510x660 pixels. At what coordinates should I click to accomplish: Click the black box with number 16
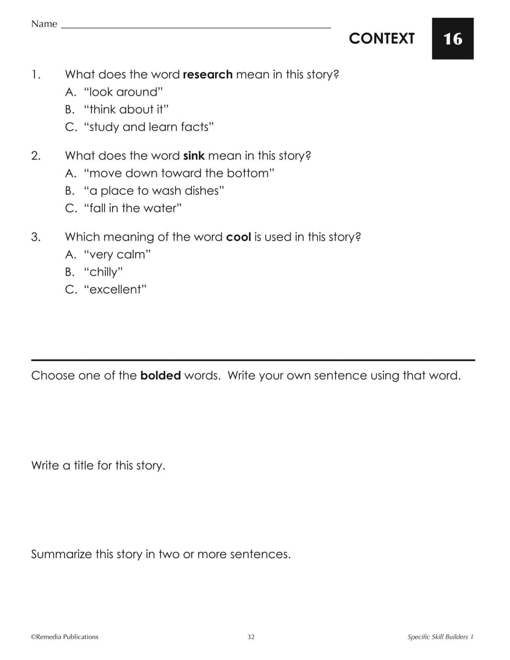pos(452,38)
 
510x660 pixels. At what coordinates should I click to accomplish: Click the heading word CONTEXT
pos(381,38)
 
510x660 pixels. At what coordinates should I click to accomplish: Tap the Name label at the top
pos(44,24)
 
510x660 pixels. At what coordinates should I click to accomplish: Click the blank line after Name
pos(196,26)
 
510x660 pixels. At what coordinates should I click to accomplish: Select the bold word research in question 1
pos(207,74)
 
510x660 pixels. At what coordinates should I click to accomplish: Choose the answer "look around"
pos(124,92)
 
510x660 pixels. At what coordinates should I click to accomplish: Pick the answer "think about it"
pos(125,109)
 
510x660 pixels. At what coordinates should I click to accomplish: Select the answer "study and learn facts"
pos(149,127)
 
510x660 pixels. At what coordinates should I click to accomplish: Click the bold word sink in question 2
pos(194,156)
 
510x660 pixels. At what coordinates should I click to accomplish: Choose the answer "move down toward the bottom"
pos(179,173)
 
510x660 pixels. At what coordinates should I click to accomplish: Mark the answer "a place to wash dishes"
pos(155,191)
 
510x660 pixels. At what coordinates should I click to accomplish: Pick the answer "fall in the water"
pos(133,208)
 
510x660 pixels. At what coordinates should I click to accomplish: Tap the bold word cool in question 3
pos(239,237)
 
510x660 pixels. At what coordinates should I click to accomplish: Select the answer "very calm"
pos(117,255)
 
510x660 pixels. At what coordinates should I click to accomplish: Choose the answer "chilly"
pos(103,272)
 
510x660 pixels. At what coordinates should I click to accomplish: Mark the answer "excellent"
pos(116,290)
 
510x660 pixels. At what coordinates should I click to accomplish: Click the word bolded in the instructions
pos(161,376)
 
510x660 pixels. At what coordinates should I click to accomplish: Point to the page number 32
pos(251,637)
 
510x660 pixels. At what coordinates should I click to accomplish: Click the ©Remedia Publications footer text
pos(65,637)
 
